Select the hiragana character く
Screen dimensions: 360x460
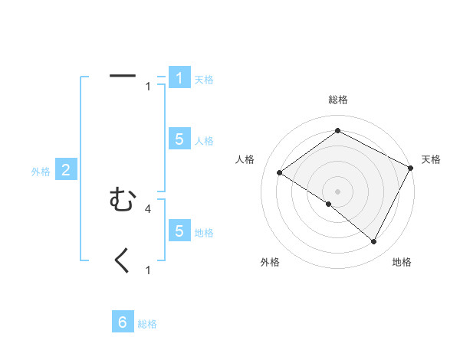[x=123, y=261]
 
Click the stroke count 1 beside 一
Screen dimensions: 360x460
[x=148, y=87]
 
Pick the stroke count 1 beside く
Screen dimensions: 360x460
[x=148, y=270]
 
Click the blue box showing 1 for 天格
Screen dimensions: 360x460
[x=179, y=78]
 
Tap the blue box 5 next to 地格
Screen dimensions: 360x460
[x=179, y=231]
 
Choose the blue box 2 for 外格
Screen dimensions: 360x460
[x=66, y=170]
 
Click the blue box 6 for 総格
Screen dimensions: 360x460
[x=123, y=322]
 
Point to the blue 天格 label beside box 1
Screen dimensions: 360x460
[x=203, y=80]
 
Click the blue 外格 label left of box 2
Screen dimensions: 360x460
[x=41, y=172]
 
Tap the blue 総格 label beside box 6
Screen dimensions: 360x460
[x=147, y=324]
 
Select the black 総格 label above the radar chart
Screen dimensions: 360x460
[x=337, y=100]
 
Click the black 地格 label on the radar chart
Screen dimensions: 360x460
[x=402, y=263]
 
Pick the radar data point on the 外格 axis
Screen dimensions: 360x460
[x=329, y=205]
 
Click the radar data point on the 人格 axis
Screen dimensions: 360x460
[x=279, y=173]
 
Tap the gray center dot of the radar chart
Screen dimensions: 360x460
[x=337, y=191]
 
